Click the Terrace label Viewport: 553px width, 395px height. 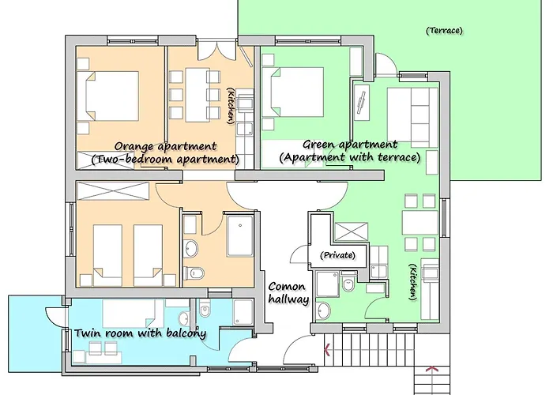pyautogui.click(x=444, y=31)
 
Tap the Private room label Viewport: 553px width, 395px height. pyautogui.click(x=337, y=255)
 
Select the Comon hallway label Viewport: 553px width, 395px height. pyautogui.click(x=288, y=293)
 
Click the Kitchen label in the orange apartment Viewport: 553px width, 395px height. pyautogui.click(x=231, y=106)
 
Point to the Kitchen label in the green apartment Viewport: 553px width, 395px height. pyautogui.click(x=413, y=282)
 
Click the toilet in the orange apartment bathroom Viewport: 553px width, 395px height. pyautogui.click(x=194, y=273)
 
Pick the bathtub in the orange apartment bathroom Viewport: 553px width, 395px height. pyautogui.click(x=240, y=235)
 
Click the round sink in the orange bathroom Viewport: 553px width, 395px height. pyautogui.click(x=191, y=248)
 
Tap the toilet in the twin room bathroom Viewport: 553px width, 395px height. pyautogui.click(x=205, y=310)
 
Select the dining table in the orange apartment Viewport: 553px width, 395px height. pyautogui.click(x=197, y=95)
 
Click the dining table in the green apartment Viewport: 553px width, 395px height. pyautogui.click(x=420, y=223)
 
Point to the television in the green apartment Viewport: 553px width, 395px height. pyautogui.click(x=361, y=103)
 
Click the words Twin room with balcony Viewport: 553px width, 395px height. pyautogui.click(x=140, y=333)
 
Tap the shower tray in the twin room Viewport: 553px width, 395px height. pyautogui.click(x=243, y=313)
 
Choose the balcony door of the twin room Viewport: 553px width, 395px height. pyautogui.click(x=56, y=316)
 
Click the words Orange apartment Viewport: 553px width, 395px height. pyautogui.click(x=165, y=146)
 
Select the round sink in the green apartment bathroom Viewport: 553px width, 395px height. pyautogui.click(x=324, y=311)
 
